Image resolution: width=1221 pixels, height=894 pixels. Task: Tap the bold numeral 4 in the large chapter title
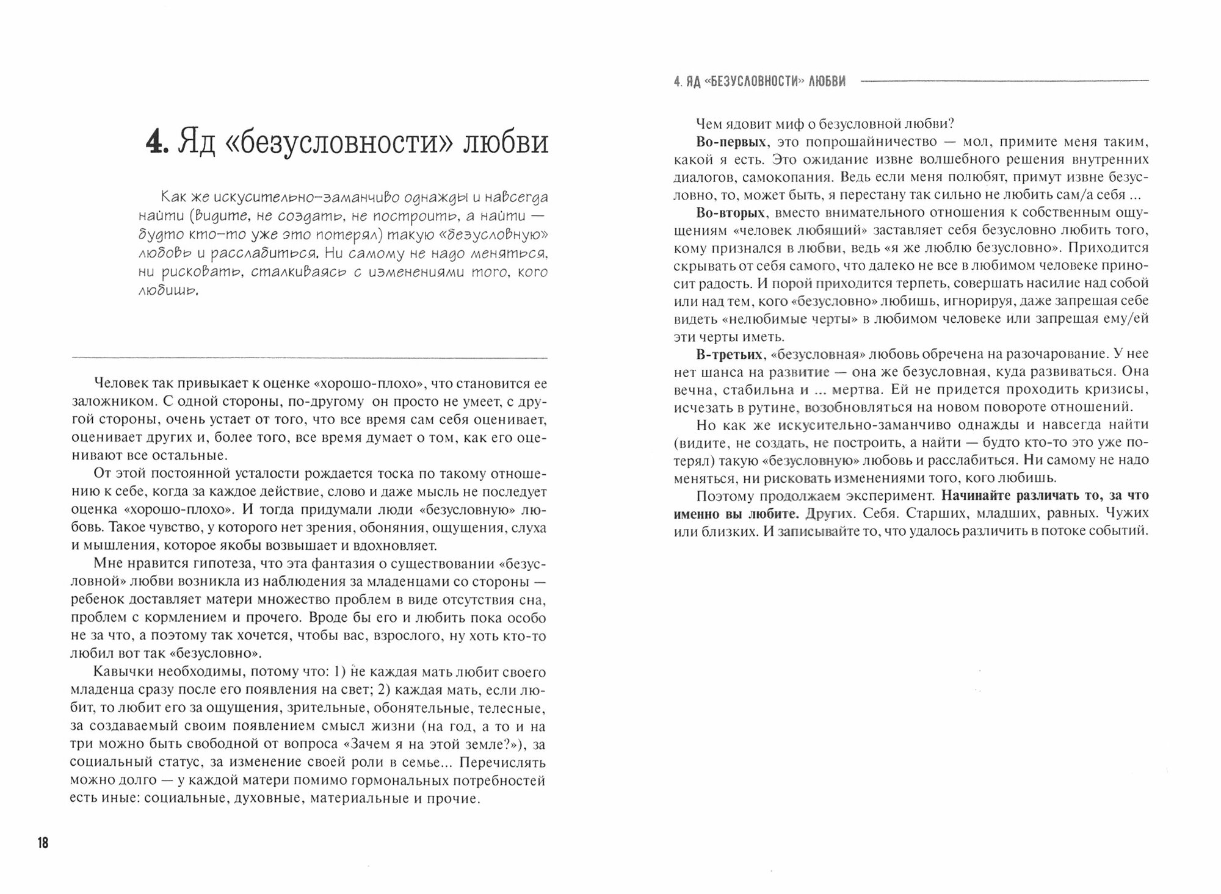click(x=156, y=143)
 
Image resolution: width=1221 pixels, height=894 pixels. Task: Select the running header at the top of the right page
click(x=759, y=81)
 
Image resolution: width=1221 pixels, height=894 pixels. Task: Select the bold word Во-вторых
click(x=731, y=212)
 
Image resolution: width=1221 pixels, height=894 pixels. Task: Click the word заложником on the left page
click(x=104, y=402)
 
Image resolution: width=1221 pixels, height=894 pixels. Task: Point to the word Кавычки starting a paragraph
click(x=120, y=672)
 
